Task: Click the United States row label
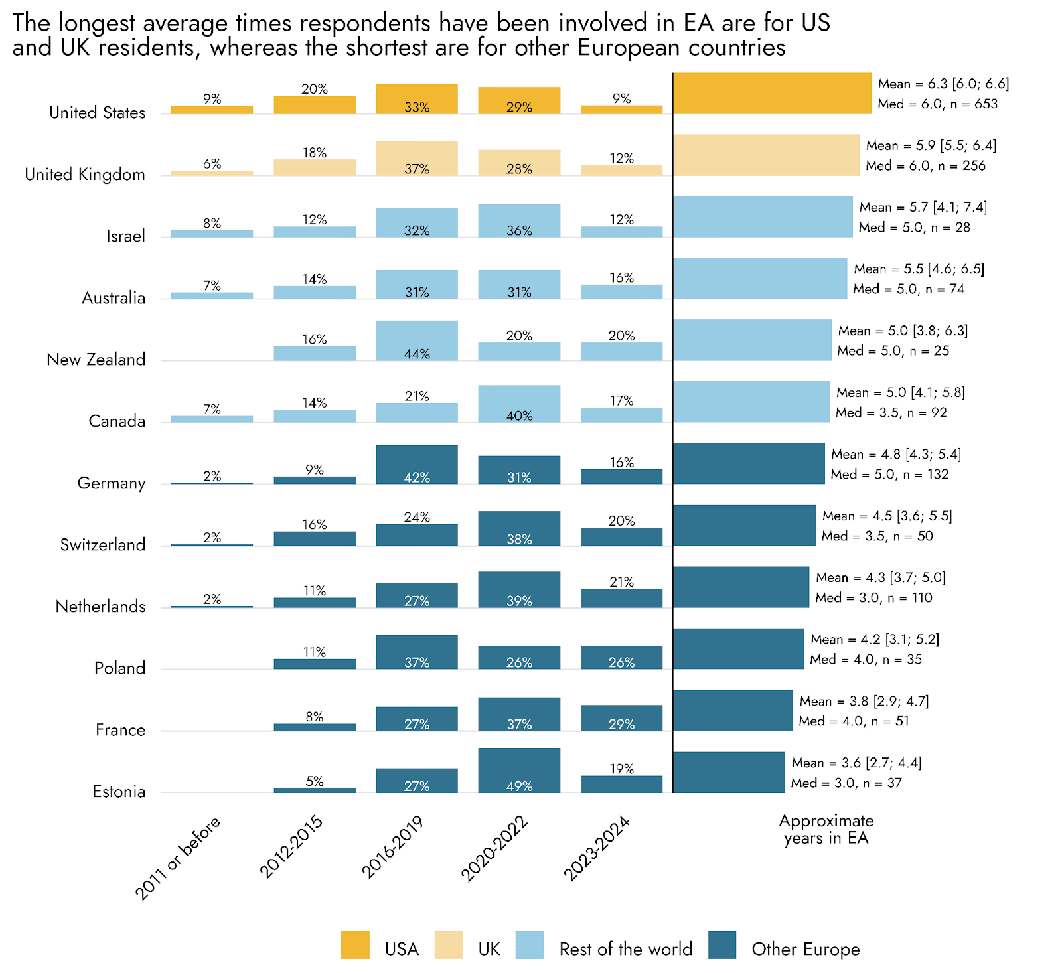pos(97,113)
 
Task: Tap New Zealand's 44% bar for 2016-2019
pos(417,340)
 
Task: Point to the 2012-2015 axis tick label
pos(291,847)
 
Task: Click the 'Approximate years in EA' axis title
pos(826,829)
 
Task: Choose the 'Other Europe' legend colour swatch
pos(722,945)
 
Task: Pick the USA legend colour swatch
pos(355,945)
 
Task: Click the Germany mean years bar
pos(749,463)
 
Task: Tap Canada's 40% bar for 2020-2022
pos(519,404)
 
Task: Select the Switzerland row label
pos(103,545)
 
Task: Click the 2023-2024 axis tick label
pos(596,849)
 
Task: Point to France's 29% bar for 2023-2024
pos(621,718)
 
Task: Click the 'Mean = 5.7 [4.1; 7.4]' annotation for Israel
pos(923,207)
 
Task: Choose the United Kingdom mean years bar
pos(766,155)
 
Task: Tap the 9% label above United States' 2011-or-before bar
pos(212,99)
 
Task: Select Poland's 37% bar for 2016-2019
pos(417,652)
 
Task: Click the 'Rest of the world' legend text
pos(625,949)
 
